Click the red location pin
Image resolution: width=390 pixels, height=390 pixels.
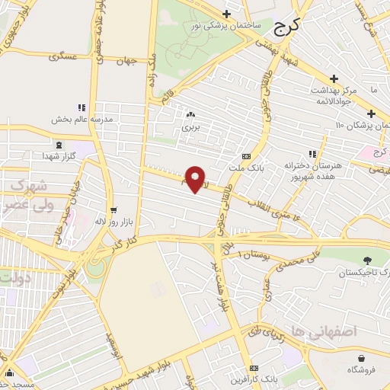196,178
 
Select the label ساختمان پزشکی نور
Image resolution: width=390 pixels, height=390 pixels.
228,25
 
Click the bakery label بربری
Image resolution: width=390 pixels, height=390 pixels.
189,126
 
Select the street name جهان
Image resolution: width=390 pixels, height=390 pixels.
127,62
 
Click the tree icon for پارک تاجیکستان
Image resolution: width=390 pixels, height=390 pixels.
369,261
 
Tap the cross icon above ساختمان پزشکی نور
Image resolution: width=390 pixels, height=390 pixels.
226,14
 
